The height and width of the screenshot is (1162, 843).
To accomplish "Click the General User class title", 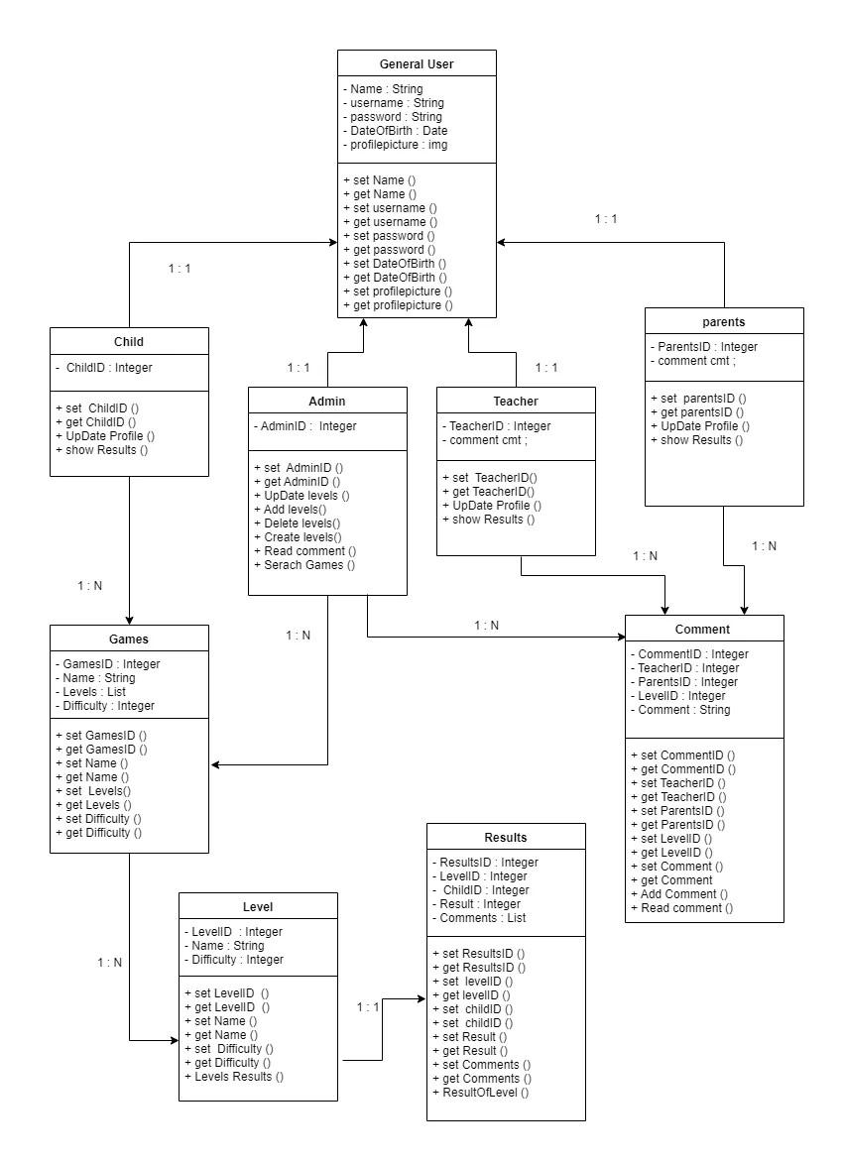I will click(x=417, y=64).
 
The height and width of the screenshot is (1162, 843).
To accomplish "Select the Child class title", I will click(x=129, y=342).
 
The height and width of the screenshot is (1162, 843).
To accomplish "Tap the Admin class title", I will click(x=327, y=402).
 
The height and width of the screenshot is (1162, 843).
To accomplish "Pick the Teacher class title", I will click(x=516, y=402).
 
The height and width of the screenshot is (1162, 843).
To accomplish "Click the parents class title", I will click(x=724, y=322).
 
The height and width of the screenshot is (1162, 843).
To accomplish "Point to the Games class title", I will click(x=129, y=639).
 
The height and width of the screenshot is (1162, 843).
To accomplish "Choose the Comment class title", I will click(x=703, y=630).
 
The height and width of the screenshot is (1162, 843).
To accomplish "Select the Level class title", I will click(x=258, y=907).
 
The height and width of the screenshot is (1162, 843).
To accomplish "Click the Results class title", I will click(x=506, y=838).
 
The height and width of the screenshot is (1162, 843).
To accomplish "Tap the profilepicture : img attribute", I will click(x=396, y=145).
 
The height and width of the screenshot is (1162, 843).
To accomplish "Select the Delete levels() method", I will click(x=297, y=523).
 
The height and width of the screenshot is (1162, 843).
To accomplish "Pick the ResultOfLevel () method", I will click(x=481, y=1093).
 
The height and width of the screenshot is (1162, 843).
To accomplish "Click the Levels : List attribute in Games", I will click(x=90, y=692).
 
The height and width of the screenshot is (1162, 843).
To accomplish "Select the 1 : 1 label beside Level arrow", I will click(x=368, y=1007).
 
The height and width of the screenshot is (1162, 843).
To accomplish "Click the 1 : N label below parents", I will click(x=764, y=546).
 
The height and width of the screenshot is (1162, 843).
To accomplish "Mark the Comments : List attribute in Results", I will click(x=479, y=918).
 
